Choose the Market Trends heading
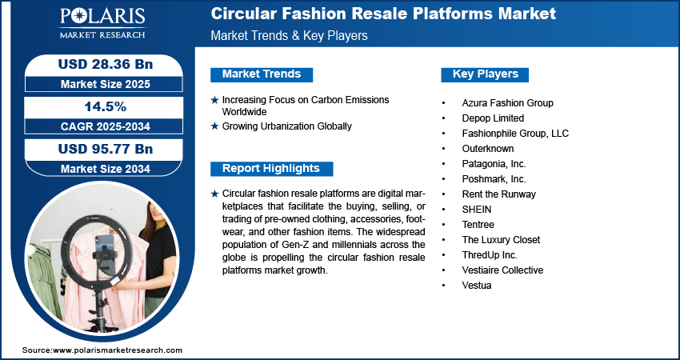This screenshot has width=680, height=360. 261,74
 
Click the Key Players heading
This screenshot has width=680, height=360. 485,74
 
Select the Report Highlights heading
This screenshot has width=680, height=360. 270,169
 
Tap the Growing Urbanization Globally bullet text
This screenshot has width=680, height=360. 286,126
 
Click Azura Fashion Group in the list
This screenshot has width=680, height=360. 507,103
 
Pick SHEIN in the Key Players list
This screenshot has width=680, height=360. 476,210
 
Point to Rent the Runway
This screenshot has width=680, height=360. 498,194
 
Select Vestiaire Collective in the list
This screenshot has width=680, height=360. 502,270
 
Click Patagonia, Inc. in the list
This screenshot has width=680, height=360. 495,164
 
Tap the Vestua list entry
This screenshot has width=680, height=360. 477,286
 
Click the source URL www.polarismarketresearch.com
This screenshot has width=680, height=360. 117,350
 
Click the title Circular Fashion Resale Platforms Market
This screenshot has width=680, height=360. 382,14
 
